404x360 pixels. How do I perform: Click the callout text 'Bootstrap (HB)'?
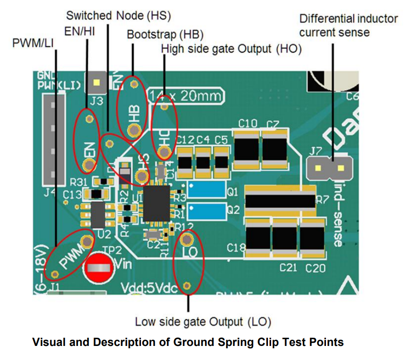165,34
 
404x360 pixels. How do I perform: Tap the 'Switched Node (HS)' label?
118,15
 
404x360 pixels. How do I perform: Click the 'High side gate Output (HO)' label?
231,49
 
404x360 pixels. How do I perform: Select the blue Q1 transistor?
206,190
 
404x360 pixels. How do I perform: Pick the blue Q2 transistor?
206,210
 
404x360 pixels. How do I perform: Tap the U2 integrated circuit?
99,215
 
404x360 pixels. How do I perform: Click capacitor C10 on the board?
248,149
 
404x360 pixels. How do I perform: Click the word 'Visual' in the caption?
48,342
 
